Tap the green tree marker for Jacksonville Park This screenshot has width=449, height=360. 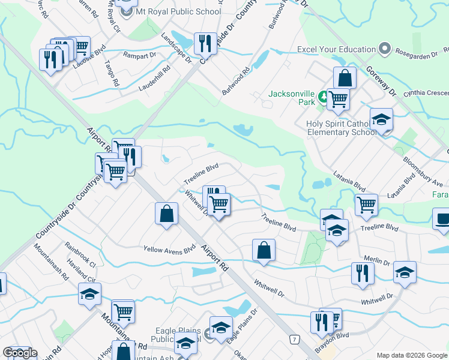[x=323, y=97]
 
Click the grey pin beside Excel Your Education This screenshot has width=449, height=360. [x=385, y=49]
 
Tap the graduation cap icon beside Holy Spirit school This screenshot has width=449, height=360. [x=381, y=120]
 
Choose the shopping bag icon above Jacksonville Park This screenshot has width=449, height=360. [x=345, y=77]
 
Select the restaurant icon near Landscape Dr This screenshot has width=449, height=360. [x=206, y=43]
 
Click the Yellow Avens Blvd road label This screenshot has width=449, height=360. [x=170, y=248]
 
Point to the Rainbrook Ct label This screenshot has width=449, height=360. [x=81, y=254]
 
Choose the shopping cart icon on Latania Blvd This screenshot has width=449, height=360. [x=366, y=205]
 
